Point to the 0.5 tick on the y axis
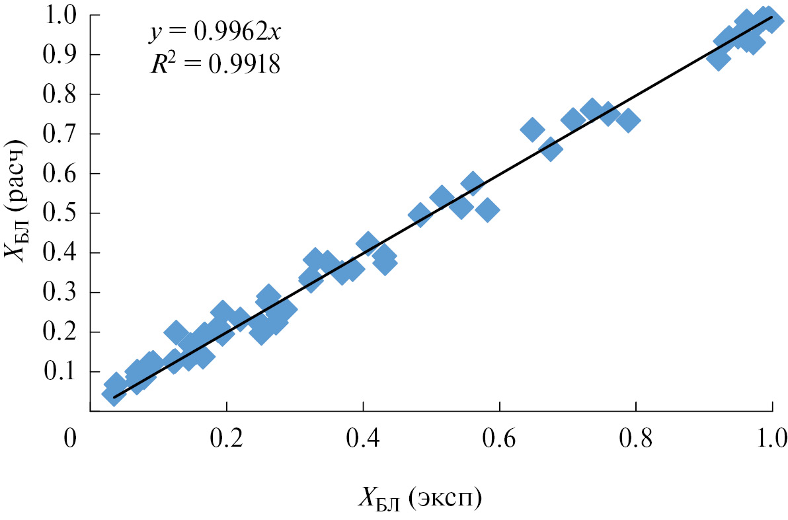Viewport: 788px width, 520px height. coord(64,213)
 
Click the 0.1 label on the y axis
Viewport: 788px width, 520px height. coord(64,372)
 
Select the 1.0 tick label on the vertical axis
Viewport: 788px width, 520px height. coord(64,15)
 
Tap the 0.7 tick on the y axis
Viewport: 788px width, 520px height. coord(64,134)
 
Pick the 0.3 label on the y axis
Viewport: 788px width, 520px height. coord(64,293)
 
